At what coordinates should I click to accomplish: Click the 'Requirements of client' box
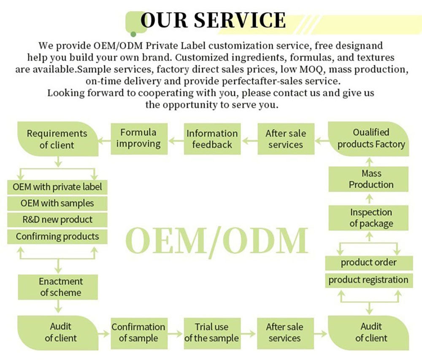click(x=57, y=139)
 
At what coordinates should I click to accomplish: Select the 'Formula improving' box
click(x=138, y=138)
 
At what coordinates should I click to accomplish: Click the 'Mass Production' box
click(x=371, y=179)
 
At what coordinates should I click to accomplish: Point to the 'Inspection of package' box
click(x=371, y=218)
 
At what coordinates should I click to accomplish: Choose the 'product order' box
click(x=368, y=263)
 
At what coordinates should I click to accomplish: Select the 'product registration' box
click(x=368, y=280)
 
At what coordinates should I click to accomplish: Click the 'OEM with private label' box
click(x=57, y=187)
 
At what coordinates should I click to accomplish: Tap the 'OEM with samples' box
click(x=57, y=203)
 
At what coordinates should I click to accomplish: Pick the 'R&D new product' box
click(x=57, y=219)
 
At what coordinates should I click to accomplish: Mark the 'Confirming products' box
click(x=57, y=236)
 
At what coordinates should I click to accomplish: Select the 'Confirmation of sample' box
click(x=138, y=333)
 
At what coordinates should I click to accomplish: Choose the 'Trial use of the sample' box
click(x=211, y=333)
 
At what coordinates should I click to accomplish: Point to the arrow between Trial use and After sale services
click(x=249, y=333)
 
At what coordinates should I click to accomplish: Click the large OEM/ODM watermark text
click(x=216, y=241)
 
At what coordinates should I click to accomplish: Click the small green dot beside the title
click(x=133, y=34)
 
